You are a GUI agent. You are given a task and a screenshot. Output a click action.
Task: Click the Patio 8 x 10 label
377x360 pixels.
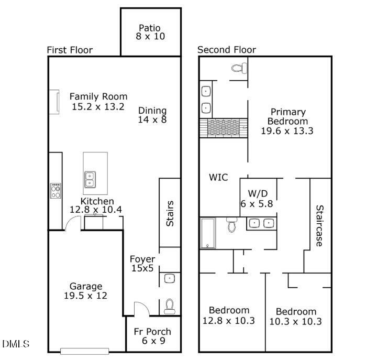tap(149, 32)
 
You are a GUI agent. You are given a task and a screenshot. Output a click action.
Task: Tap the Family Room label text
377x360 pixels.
tap(98, 96)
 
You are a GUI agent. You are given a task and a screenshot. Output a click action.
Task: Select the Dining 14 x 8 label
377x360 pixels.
tap(152, 115)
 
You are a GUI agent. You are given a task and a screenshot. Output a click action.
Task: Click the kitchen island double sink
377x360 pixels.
tap(89, 179)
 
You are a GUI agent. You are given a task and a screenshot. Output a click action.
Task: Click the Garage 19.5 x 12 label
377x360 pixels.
tap(86, 291)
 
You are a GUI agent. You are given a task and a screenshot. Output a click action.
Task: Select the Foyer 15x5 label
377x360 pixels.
tap(142, 264)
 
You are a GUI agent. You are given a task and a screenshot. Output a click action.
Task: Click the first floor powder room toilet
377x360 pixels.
tap(169, 306)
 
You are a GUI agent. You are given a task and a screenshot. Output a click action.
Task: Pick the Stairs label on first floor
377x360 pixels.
tap(170, 213)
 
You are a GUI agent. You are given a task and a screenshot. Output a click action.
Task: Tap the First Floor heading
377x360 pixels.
tap(70, 50)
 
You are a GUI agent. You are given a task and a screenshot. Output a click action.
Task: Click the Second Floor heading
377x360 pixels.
tap(227, 50)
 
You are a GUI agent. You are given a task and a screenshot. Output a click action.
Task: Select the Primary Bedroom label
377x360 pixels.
tap(287, 121)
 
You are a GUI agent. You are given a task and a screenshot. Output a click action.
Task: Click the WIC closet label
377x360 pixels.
tap(218, 177)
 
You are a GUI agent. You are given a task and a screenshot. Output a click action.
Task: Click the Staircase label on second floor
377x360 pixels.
tap(318, 225)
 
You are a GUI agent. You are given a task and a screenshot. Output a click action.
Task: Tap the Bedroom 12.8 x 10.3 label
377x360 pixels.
tap(229, 315)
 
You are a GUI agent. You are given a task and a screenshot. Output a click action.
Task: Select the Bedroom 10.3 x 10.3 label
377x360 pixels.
tap(296, 316)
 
